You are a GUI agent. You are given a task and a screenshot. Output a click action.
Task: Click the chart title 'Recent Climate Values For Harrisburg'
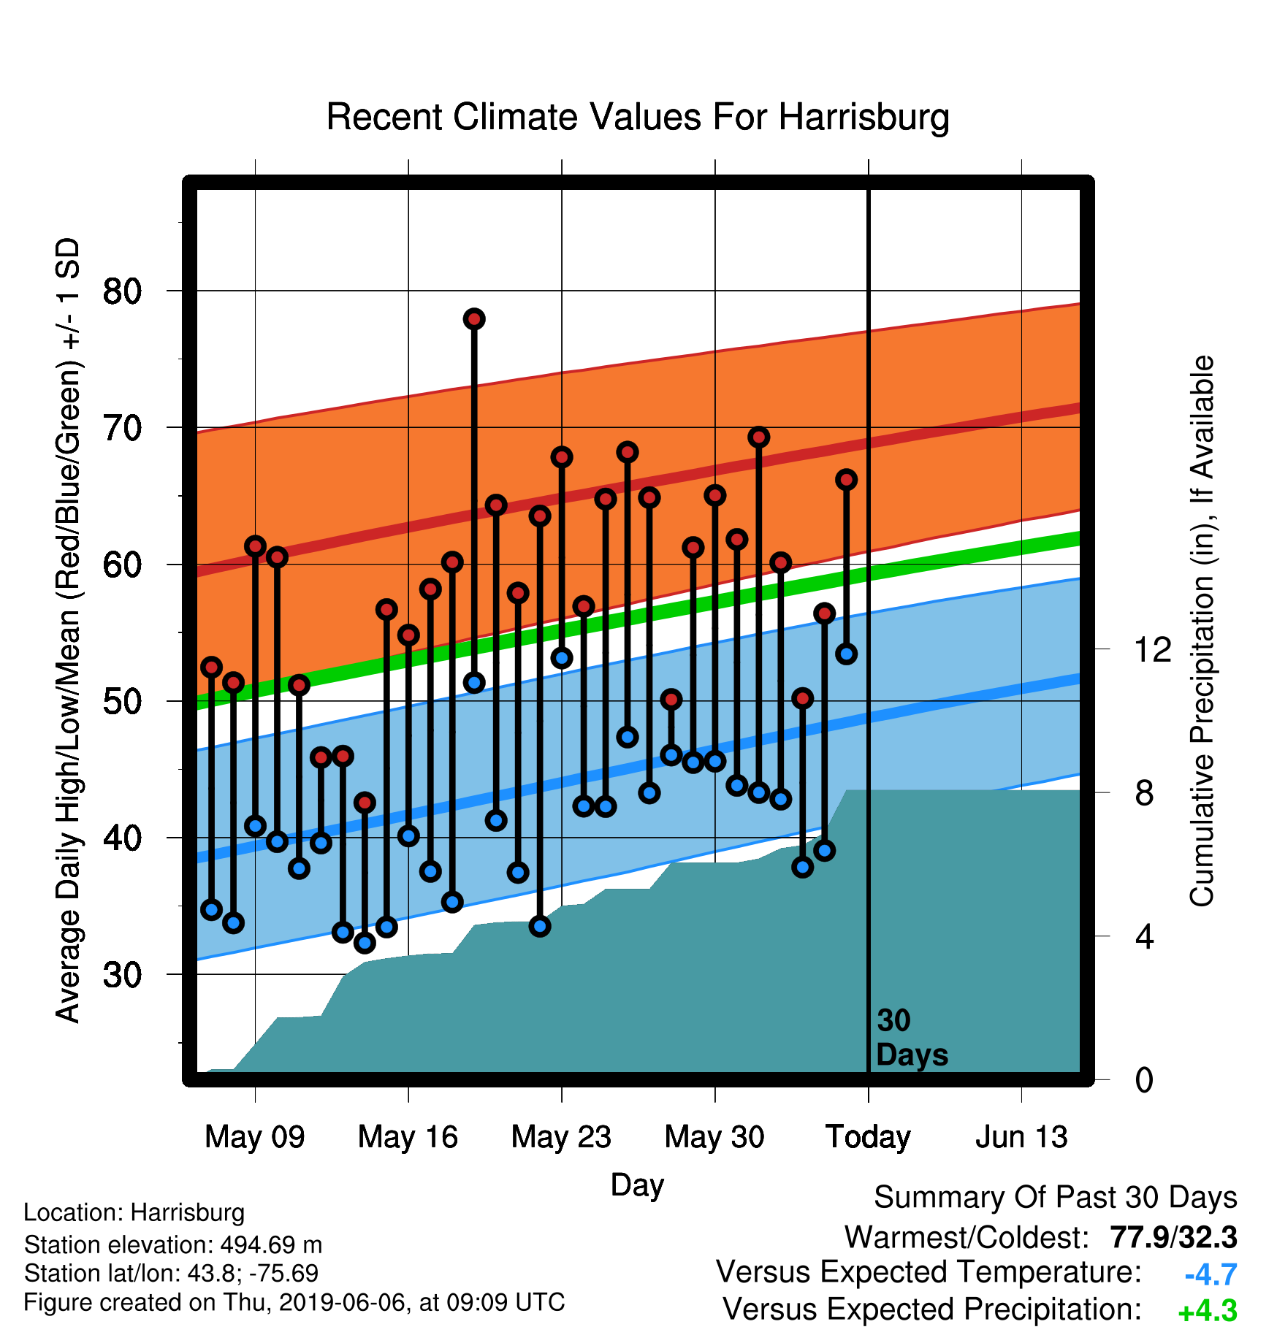click(638, 118)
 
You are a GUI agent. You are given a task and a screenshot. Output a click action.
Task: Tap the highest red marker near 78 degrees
click(474, 319)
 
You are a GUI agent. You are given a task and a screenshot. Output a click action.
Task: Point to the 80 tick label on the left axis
click(122, 291)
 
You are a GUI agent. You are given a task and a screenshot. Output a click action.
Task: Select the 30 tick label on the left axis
click(122, 974)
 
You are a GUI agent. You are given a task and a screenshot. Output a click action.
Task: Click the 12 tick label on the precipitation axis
click(1153, 649)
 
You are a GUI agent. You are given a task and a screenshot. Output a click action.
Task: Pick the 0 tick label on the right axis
click(1144, 1079)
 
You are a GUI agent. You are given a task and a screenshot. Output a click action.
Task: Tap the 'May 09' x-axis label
click(255, 1137)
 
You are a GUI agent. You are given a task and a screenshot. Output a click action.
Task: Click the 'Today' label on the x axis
click(869, 1137)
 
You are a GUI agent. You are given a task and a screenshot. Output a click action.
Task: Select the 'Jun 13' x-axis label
click(1022, 1137)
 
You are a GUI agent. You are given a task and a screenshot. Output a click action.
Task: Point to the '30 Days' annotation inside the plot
click(912, 1038)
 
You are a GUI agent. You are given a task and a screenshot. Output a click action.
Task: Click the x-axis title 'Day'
click(638, 1185)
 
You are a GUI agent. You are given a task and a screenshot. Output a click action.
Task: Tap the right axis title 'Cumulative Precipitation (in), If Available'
click(1202, 632)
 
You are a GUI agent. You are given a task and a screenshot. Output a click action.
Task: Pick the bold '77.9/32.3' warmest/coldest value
click(1173, 1238)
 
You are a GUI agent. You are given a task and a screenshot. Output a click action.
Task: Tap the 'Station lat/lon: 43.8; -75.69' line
click(172, 1274)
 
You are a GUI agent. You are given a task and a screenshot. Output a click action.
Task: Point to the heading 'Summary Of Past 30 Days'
click(1056, 1198)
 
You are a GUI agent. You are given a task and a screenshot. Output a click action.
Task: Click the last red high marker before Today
click(847, 480)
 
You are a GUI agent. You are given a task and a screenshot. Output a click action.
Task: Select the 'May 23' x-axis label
click(562, 1137)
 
